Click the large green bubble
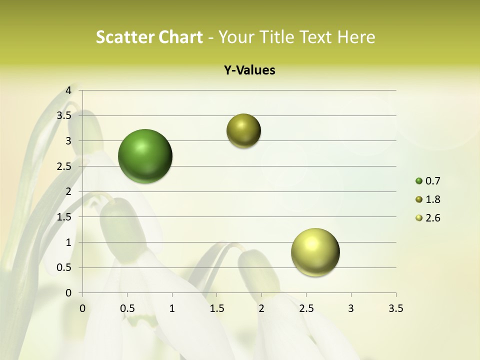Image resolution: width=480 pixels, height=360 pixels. [x=145, y=156]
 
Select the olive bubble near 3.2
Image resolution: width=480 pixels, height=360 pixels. [x=243, y=131]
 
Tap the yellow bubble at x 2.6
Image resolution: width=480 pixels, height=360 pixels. [x=315, y=252]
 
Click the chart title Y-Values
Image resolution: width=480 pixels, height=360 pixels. [x=249, y=70]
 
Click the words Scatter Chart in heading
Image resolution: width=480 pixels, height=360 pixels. [x=149, y=37]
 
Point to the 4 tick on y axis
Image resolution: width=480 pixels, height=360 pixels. [x=68, y=90]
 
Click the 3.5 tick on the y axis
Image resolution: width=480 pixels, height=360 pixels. [x=64, y=115]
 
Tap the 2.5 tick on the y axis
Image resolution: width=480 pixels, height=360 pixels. [x=64, y=166]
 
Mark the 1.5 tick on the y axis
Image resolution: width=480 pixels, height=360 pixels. [x=64, y=217]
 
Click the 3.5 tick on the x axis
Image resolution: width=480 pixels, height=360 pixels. [x=395, y=308]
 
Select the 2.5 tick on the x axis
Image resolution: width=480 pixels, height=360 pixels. [x=306, y=308]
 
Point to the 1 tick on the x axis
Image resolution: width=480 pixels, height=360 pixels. [x=172, y=308]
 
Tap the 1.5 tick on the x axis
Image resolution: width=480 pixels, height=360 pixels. [x=216, y=308]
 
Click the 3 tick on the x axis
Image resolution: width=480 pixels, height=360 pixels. [x=351, y=308]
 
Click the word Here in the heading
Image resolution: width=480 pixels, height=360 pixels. [x=356, y=37]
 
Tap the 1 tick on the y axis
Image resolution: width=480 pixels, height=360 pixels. [x=68, y=242]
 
